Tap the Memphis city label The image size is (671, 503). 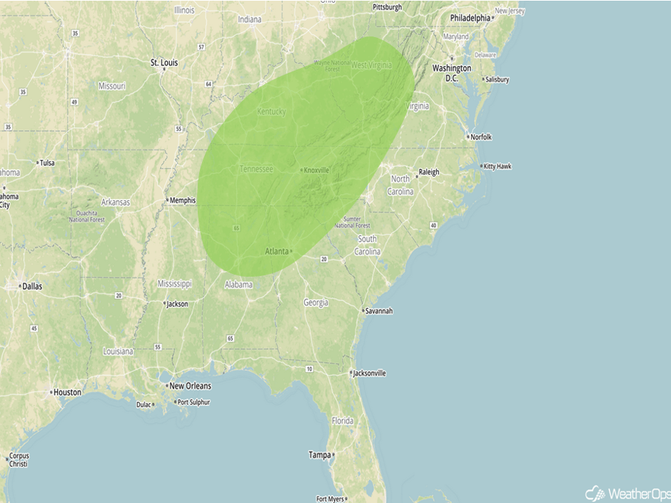[x=182, y=200]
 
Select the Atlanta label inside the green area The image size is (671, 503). [x=277, y=251]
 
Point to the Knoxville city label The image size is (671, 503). [x=316, y=171]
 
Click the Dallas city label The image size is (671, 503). [x=31, y=286]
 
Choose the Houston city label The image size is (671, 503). [x=67, y=392]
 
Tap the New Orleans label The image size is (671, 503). [x=190, y=386]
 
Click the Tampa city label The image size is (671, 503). [x=320, y=454]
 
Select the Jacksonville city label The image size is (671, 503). [x=370, y=373]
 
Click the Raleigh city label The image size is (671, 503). [x=429, y=172]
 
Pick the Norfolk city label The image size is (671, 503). [x=480, y=137]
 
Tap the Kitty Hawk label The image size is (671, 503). [x=498, y=167]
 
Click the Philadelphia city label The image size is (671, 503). [x=470, y=18]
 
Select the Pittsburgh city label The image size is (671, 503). [x=388, y=7]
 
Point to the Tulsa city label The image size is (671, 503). [x=46, y=163]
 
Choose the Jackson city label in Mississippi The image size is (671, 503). [x=177, y=304]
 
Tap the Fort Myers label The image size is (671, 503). [x=331, y=499]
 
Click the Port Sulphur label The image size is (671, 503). [x=194, y=402]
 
